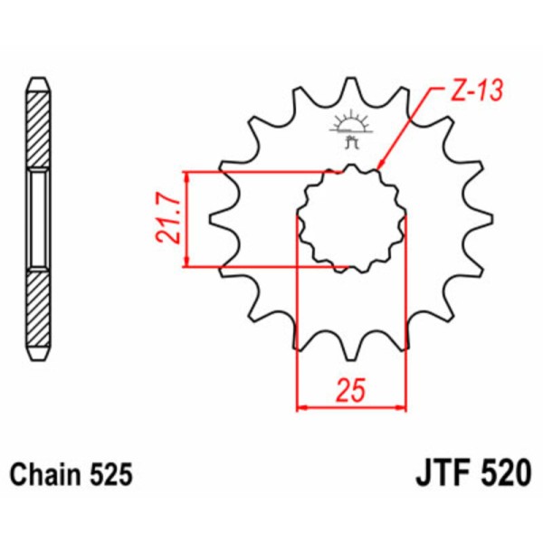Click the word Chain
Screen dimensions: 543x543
point(45,474)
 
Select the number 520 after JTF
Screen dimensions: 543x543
point(499,474)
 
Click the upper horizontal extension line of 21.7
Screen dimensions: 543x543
point(262,171)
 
